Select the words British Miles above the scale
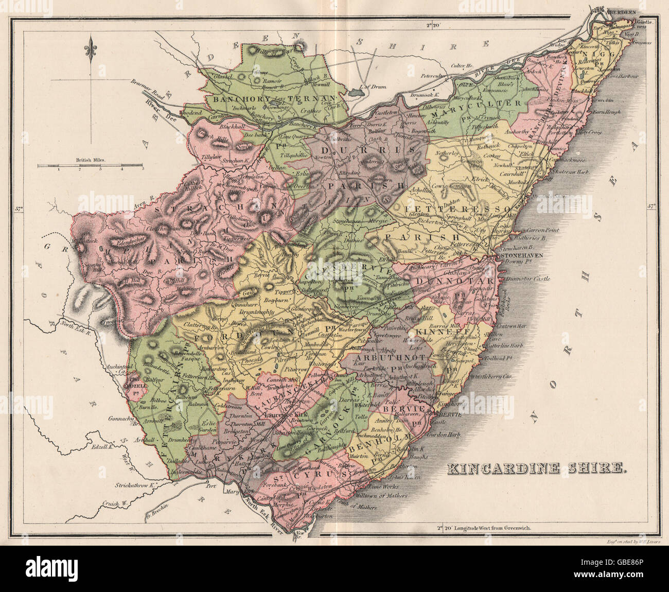click(x=90, y=160)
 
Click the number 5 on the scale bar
click(x=143, y=168)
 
